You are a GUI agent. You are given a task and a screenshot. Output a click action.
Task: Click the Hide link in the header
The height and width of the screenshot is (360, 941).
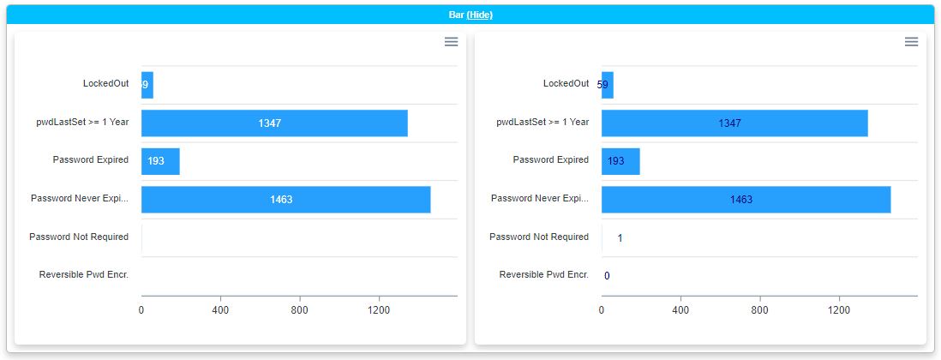pos(479,15)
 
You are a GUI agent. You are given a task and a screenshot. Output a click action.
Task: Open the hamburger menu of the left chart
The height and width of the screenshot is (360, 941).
pos(451,42)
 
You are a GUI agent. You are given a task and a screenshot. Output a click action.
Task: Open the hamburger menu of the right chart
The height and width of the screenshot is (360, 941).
pos(911,42)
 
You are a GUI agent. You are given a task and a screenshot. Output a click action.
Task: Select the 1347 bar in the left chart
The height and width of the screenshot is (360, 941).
pos(274,123)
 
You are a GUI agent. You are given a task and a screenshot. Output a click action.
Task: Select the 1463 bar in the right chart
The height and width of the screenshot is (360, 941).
pos(746,199)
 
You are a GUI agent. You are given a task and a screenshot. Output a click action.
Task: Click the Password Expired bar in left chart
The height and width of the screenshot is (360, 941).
pos(160,161)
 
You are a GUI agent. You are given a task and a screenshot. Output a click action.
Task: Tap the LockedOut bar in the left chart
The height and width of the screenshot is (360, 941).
pos(147,85)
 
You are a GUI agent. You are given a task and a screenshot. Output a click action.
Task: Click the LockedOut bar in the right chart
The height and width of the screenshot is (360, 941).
pos(608,85)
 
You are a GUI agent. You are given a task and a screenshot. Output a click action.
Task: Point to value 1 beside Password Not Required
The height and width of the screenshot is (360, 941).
pos(620,237)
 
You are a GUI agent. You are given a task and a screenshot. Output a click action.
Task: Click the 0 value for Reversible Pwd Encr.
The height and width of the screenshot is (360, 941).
pos(607,276)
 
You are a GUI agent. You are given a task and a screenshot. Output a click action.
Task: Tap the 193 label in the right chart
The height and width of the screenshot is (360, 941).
pos(616,161)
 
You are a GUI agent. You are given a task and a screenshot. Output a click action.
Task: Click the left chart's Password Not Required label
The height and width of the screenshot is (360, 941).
pos(79,237)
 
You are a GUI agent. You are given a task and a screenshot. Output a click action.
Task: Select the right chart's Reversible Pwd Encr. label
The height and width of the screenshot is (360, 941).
pos(544,274)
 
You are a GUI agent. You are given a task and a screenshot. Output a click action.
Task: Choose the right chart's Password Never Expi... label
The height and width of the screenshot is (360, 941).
pos(540,198)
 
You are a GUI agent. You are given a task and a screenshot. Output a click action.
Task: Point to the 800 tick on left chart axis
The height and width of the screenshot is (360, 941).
pos(300,309)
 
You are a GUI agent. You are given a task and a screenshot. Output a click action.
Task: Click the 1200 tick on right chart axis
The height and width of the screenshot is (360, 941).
pos(839,309)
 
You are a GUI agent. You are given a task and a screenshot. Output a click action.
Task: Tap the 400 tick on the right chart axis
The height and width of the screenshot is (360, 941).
pos(680,309)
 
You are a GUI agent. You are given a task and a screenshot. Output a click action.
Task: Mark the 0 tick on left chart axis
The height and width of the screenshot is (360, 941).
pos(141,309)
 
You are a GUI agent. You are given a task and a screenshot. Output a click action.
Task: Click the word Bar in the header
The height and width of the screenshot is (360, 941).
pos(456,15)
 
